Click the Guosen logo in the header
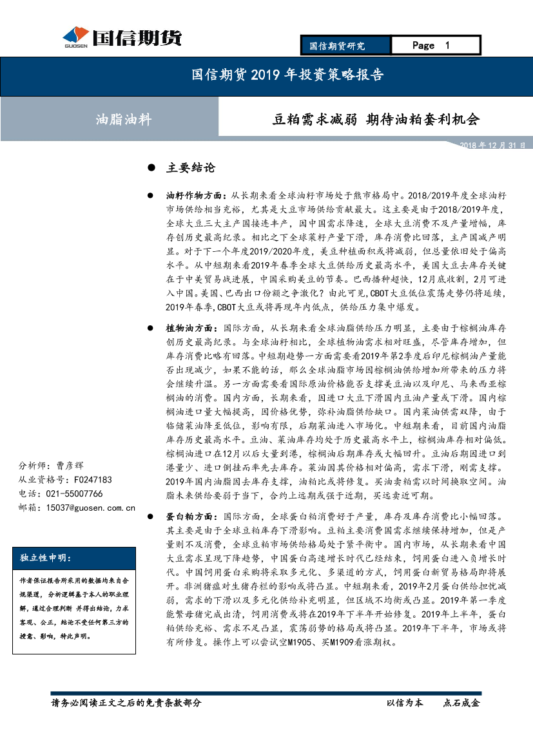point(122,38)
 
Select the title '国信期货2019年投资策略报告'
point(288,75)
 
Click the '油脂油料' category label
point(123,119)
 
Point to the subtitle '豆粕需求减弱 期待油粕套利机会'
point(376,119)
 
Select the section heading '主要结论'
point(191,168)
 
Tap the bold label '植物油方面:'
point(192,328)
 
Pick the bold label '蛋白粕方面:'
point(192,517)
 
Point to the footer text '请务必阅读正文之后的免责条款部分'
point(126,703)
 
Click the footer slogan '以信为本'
point(405,703)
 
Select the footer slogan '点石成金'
point(461,703)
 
